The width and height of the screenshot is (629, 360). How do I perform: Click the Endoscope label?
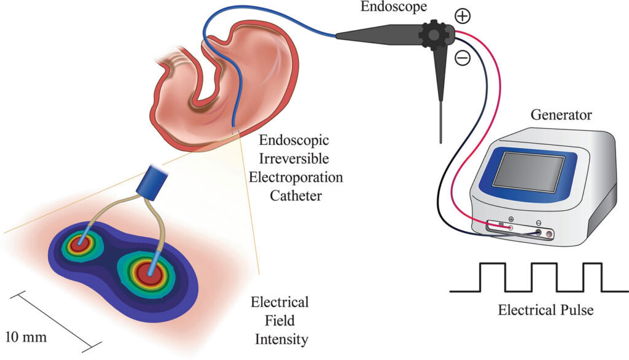[394, 7]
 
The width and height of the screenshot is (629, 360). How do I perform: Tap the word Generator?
[561, 115]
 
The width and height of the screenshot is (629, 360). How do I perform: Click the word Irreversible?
[294, 158]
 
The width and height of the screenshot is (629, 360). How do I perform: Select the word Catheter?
[295, 195]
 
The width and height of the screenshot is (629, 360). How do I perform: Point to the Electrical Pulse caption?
[545, 310]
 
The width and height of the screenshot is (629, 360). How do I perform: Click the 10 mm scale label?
[26, 336]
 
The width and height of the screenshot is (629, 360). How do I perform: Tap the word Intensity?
[281, 340]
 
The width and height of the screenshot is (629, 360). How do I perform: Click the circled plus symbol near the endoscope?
[463, 16]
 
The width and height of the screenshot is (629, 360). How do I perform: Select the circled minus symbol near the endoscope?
[463, 58]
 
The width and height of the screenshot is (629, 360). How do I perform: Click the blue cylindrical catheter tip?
[152, 182]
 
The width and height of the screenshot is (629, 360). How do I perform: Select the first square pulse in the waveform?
[493, 277]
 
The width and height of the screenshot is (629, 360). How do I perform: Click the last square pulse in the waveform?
[593, 277]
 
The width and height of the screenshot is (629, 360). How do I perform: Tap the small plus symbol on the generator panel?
[511, 219]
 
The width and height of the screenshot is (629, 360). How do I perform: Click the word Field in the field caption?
[279, 320]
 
